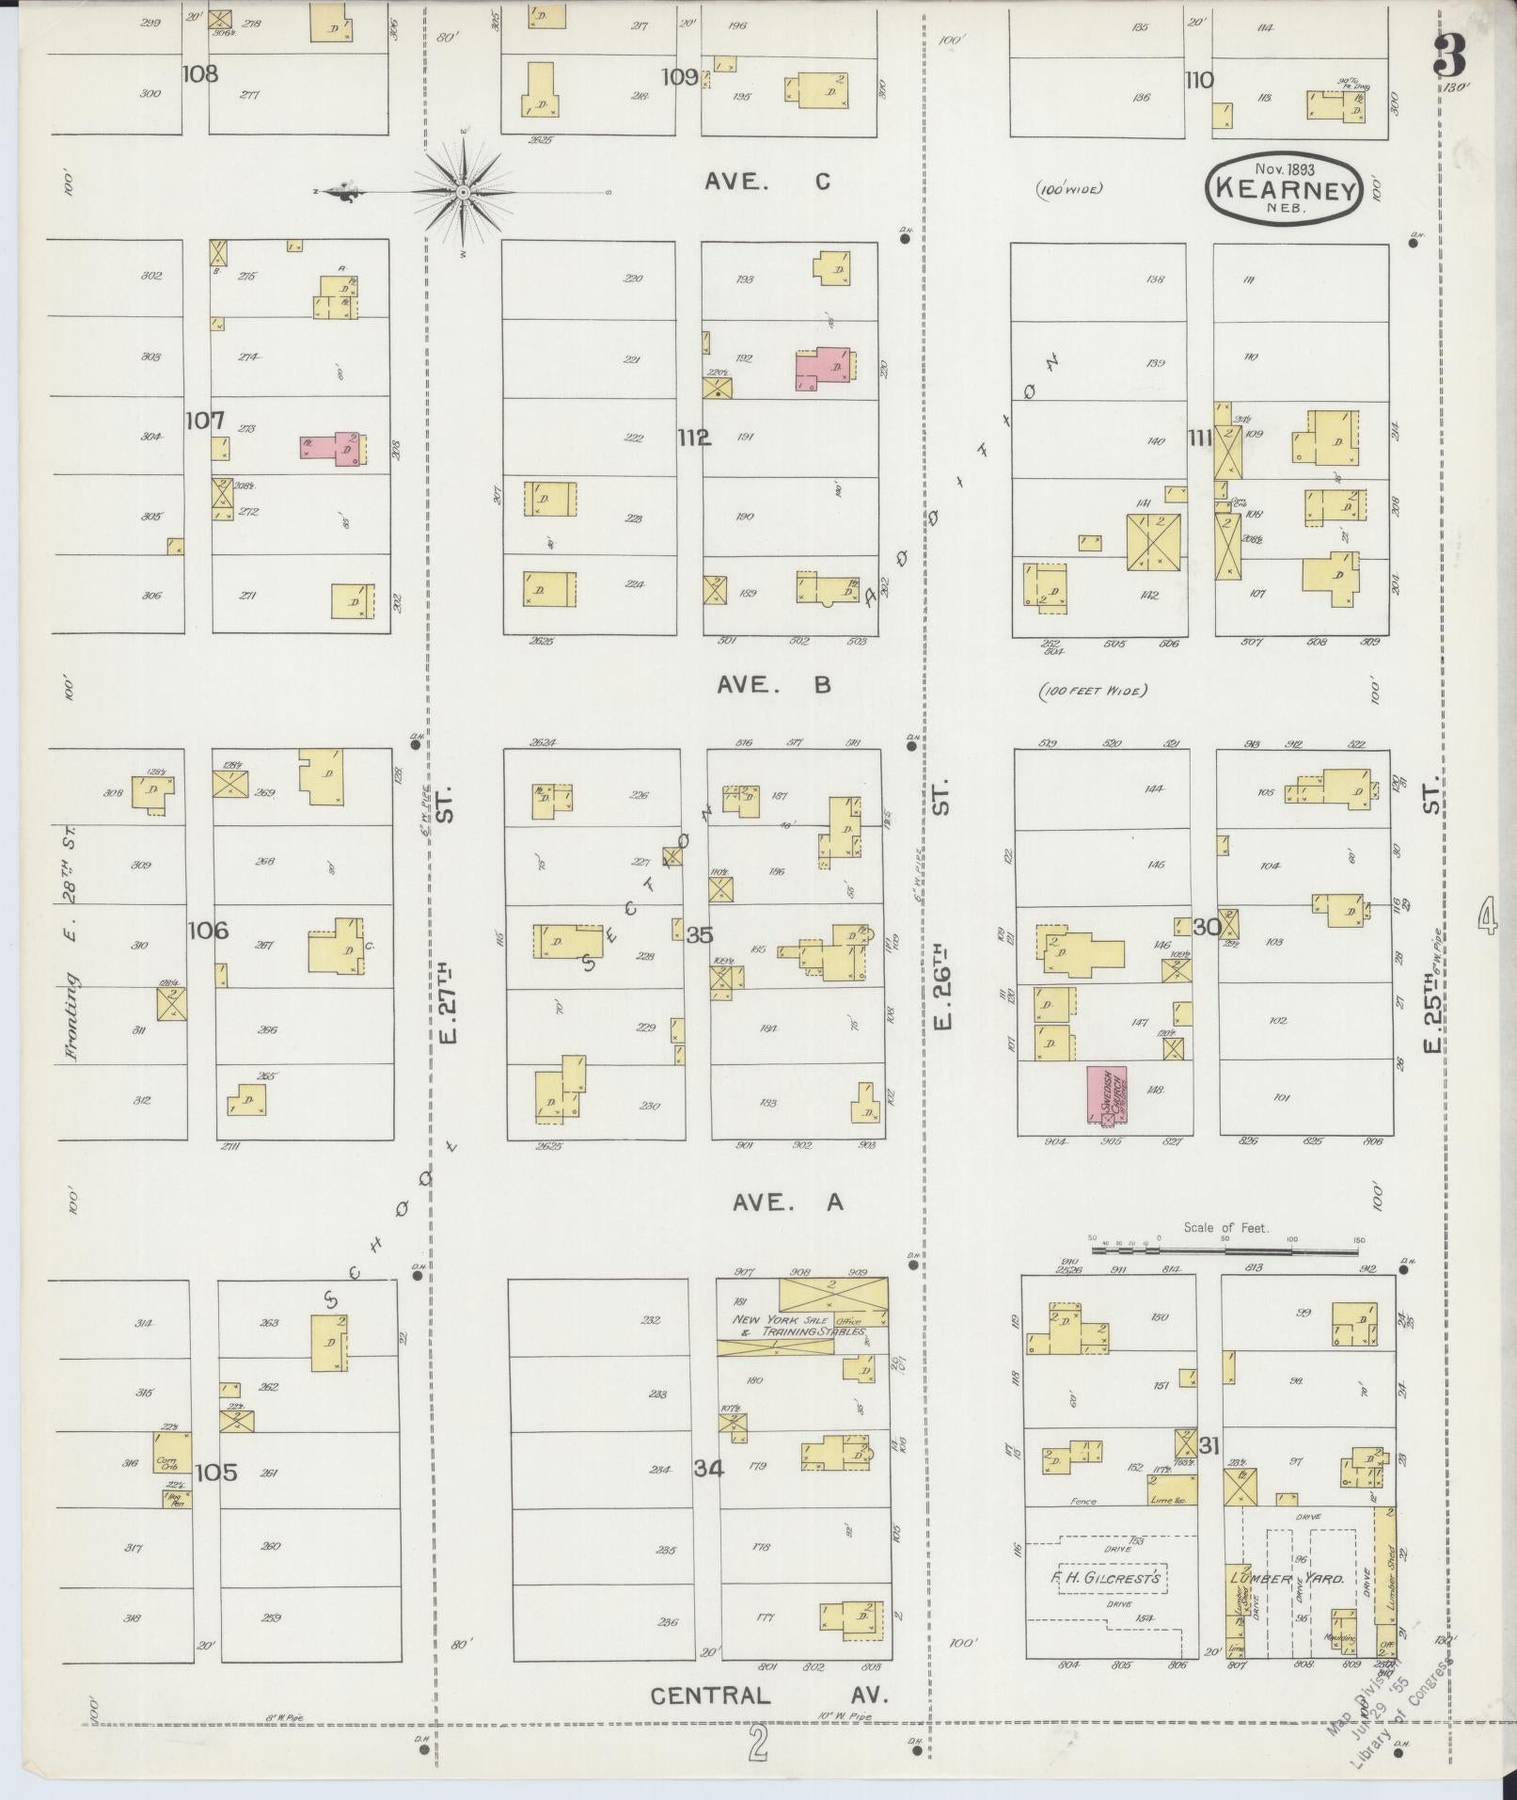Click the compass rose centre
pyautogui.click(x=464, y=192)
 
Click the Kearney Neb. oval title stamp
pyautogui.click(x=1285, y=189)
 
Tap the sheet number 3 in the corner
pyautogui.click(x=1449, y=59)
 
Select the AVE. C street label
pyautogui.click(x=767, y=183)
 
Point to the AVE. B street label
pyautogui.click(x=773, y=686)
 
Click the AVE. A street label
pyautogui.click(x=787, y=1202)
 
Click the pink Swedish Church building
pyautogui.click(x=1107, y=1097)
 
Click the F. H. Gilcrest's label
pyautogui.click(x=1106, y=1579)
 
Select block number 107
pyautogui.click(x=204, y=421)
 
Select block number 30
pyautogui.click(x=1207, y=927)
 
